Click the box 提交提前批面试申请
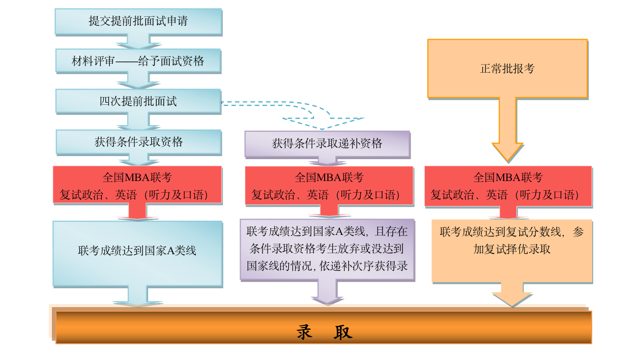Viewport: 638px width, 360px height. click(138, 21)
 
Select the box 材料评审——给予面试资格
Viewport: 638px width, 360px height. click(138, 62)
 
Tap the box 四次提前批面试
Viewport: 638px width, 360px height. click(138, 101)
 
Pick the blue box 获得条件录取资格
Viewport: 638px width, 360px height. click(138, 142)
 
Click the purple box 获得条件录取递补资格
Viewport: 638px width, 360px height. click(327, 144)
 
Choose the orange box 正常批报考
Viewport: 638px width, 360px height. click(507, 69)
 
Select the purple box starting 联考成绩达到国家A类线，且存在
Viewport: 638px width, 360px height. click(327, 249)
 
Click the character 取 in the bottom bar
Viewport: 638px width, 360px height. click(343, 332)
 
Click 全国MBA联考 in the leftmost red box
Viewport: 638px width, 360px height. click(137, 177)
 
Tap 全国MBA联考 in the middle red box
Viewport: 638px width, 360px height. click(329, 177)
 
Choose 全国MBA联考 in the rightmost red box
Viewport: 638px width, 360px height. click(508, 177)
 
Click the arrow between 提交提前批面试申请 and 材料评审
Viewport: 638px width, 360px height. click(138, 41)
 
